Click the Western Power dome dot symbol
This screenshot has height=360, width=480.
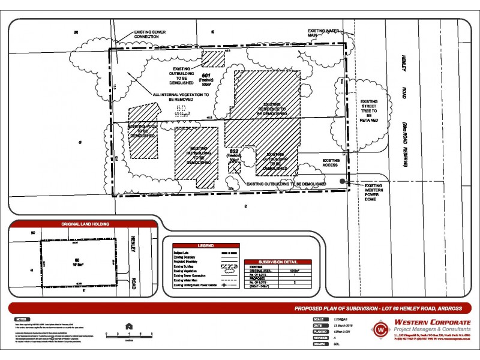(343, 181)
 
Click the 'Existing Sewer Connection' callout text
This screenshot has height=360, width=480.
(139, 34)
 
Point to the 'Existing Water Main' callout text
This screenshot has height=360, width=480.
(325, 32)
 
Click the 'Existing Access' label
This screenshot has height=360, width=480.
(331, 164)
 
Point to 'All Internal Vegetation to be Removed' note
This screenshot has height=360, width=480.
(181, 97)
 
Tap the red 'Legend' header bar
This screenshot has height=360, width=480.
(202, 246)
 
